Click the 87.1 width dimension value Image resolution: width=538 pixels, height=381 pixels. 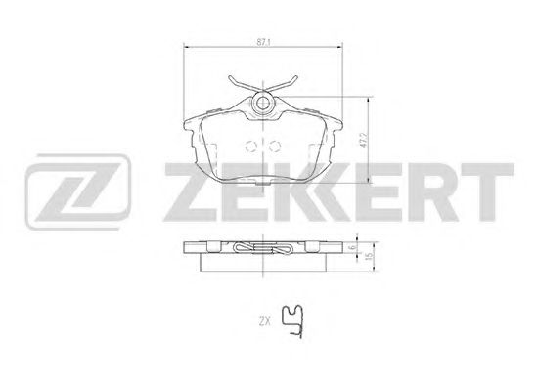point(262,42)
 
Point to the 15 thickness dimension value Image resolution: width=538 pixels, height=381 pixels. point(369,256)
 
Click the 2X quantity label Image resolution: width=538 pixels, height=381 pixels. point(264,321)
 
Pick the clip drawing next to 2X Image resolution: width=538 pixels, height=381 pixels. point(292,320)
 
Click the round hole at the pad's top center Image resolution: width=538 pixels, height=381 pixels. point(263,103)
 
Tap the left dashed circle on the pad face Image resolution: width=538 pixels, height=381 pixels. point(251,147)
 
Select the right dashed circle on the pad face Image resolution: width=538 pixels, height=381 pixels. point(275,147)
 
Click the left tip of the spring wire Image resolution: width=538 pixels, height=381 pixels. point(229,77)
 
